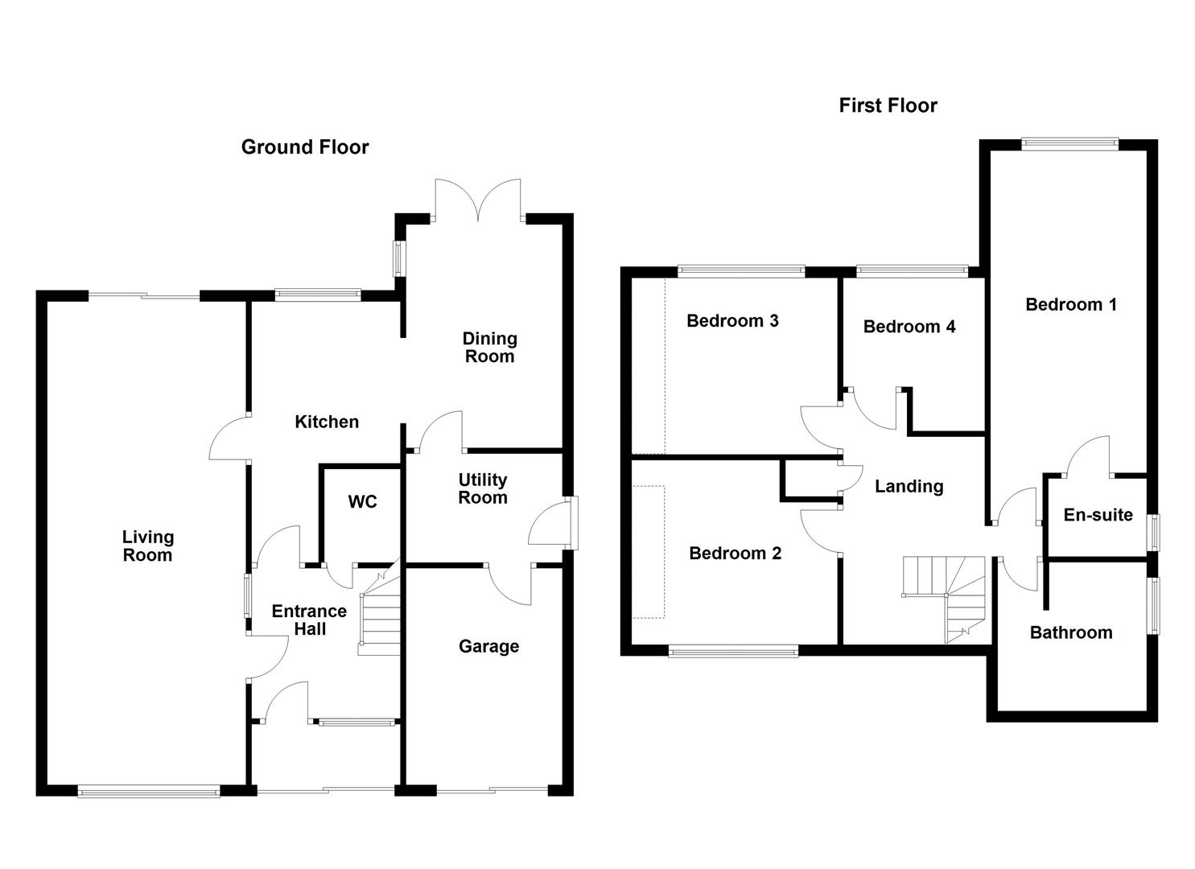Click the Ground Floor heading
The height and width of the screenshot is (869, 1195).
tap(304, 147)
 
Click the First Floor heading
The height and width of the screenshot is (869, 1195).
tap(888, 105)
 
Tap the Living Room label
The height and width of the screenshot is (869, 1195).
tap(147, 546)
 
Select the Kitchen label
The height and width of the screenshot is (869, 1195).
tap(326, 422)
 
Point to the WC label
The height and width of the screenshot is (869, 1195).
tap(362, 502)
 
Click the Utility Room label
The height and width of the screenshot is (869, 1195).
tap(482, 488)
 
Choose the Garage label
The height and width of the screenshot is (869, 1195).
tap(488, 646)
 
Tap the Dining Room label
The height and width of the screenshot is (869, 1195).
tap(489, 348)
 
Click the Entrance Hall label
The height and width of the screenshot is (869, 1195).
tap(309, 620)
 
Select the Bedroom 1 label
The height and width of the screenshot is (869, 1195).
tap(1070, 304)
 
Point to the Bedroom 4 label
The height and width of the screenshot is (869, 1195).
tap(909, 326)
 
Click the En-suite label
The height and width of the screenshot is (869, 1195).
tap(1098, 515)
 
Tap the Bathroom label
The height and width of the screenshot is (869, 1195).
tap(1070, 632)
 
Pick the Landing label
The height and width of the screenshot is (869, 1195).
tap(909, 486)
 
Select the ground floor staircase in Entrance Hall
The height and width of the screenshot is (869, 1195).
tap(380, 616)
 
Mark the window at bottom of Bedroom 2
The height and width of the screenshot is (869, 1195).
tap(733, 651)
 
